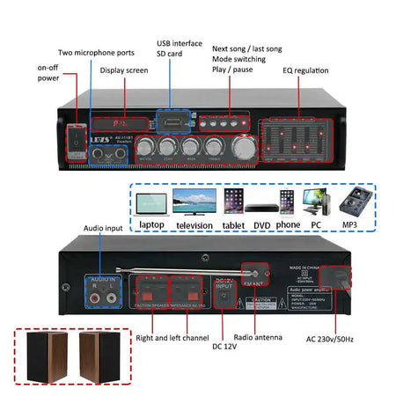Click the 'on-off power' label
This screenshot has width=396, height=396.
(x=48, y=72)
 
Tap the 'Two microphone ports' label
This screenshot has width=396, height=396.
(x=96, y=53)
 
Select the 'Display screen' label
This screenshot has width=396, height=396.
(x=124, y=70)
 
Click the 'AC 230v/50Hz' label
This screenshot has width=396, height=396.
(x=330, y=339)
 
